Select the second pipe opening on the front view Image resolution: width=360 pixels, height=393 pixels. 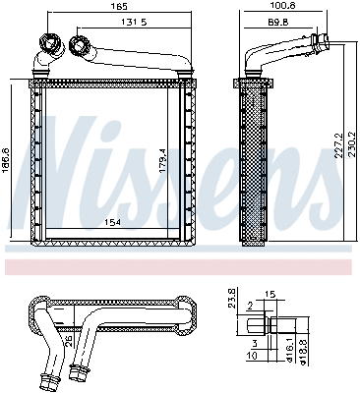(x=79, y=45)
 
